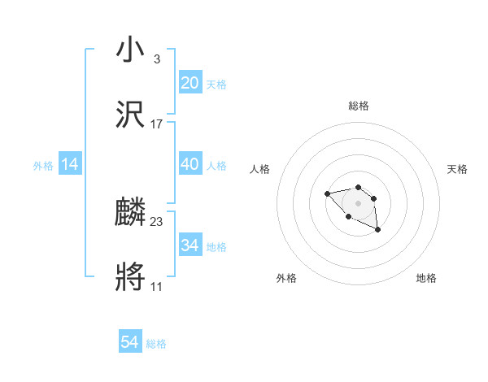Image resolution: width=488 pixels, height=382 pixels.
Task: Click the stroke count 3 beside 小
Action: coord(156,59)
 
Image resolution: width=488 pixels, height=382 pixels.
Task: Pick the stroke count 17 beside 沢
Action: coord(157,124)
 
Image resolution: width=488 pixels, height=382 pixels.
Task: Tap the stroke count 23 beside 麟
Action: coord(157,222)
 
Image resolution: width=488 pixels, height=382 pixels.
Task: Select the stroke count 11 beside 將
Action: coord(156,287)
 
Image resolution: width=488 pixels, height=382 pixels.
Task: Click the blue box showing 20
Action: coord(190,82)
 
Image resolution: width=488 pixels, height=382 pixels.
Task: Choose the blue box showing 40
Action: coord(190,164)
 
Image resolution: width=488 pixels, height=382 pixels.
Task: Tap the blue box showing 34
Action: coord(190,245)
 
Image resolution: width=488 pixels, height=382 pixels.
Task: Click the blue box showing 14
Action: coord(70,164)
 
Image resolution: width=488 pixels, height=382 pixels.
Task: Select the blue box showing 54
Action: coord(130,342)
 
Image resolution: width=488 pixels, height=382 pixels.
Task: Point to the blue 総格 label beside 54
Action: coord(156,344)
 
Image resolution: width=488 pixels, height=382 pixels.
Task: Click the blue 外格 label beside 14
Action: coord(43,166)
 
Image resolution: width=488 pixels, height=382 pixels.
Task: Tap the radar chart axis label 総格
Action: coord(358,106)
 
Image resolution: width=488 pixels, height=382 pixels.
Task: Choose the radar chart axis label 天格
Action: coord(457,169)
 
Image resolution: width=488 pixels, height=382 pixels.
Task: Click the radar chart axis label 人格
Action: coord(260,169)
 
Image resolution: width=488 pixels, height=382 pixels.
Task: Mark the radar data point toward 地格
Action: coord(378,230)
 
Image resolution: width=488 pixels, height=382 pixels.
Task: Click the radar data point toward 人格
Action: coord(327,193)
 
